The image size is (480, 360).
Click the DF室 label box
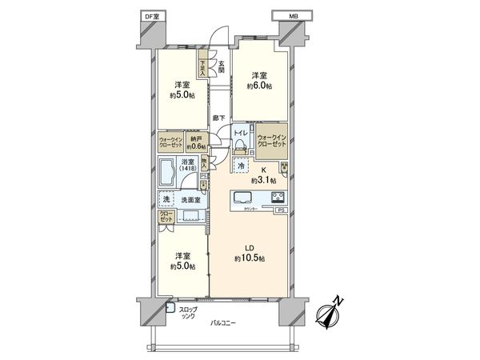[x=150, y=16]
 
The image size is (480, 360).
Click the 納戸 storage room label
[x=194, y=142]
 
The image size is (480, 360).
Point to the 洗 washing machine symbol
[x=167, y=201]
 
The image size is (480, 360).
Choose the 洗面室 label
[x=189, y=201]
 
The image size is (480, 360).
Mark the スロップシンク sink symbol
[x=170, y=306]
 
